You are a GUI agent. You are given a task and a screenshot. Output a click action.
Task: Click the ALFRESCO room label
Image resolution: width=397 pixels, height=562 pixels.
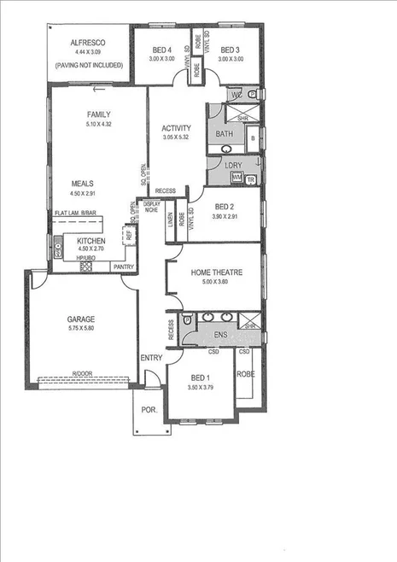point(88,44)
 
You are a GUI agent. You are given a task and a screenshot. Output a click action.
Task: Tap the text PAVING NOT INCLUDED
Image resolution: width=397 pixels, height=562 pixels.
point(88,65)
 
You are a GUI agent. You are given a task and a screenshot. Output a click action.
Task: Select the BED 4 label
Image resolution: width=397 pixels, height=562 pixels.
point(162,50)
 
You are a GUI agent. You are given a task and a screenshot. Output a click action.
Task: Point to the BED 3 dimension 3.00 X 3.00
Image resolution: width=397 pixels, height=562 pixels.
point(232,59)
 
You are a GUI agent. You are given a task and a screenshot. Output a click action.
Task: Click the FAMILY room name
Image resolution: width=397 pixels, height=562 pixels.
point(100,114)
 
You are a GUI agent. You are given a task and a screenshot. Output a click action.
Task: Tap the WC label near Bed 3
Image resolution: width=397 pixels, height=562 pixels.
point(234,95)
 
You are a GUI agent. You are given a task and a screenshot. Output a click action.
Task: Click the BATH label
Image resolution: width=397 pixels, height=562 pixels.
point(225,134)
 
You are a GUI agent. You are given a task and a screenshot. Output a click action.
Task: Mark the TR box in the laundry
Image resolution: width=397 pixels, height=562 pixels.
point(250,179)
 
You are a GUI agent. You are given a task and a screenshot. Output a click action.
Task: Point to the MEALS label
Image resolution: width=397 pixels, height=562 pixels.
point(83,183)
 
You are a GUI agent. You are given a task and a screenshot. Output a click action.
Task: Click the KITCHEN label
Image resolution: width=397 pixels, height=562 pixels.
point(91,242)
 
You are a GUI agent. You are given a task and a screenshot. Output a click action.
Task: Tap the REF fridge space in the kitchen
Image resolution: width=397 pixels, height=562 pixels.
point(128,232)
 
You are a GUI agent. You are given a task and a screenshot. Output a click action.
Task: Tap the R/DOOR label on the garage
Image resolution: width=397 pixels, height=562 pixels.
point(82,374)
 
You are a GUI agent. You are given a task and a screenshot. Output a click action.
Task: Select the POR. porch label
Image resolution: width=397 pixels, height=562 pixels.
point(149,410)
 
